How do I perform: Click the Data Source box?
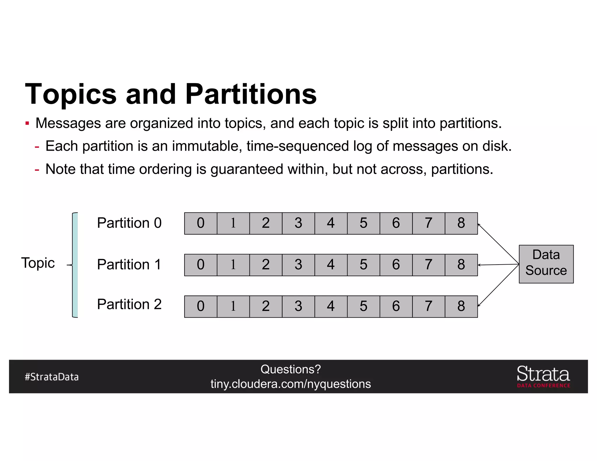tap(546, 264)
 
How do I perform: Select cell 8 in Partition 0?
tap(461, 223)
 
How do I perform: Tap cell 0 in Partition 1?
tap(201, 265)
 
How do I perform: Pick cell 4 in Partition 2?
tap(331, 306)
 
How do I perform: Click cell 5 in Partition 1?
tap(363, 265)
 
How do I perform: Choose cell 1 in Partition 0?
tap(233, 223)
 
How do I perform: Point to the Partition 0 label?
tap(129, 223)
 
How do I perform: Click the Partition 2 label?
tap(129, 304)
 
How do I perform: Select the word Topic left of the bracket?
tap(38, 263)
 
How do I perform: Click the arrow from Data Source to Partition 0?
tap(498, 244)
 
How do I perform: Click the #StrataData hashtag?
tap(52, 377)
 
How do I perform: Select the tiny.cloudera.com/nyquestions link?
tap(291, 384)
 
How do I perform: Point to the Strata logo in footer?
tap(543, 376)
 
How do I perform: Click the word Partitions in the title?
tap(251, 94)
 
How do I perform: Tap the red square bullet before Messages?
tap(27, 123)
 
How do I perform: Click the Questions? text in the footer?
tap(291, 369)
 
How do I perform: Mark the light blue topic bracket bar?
tap(75, 265)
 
